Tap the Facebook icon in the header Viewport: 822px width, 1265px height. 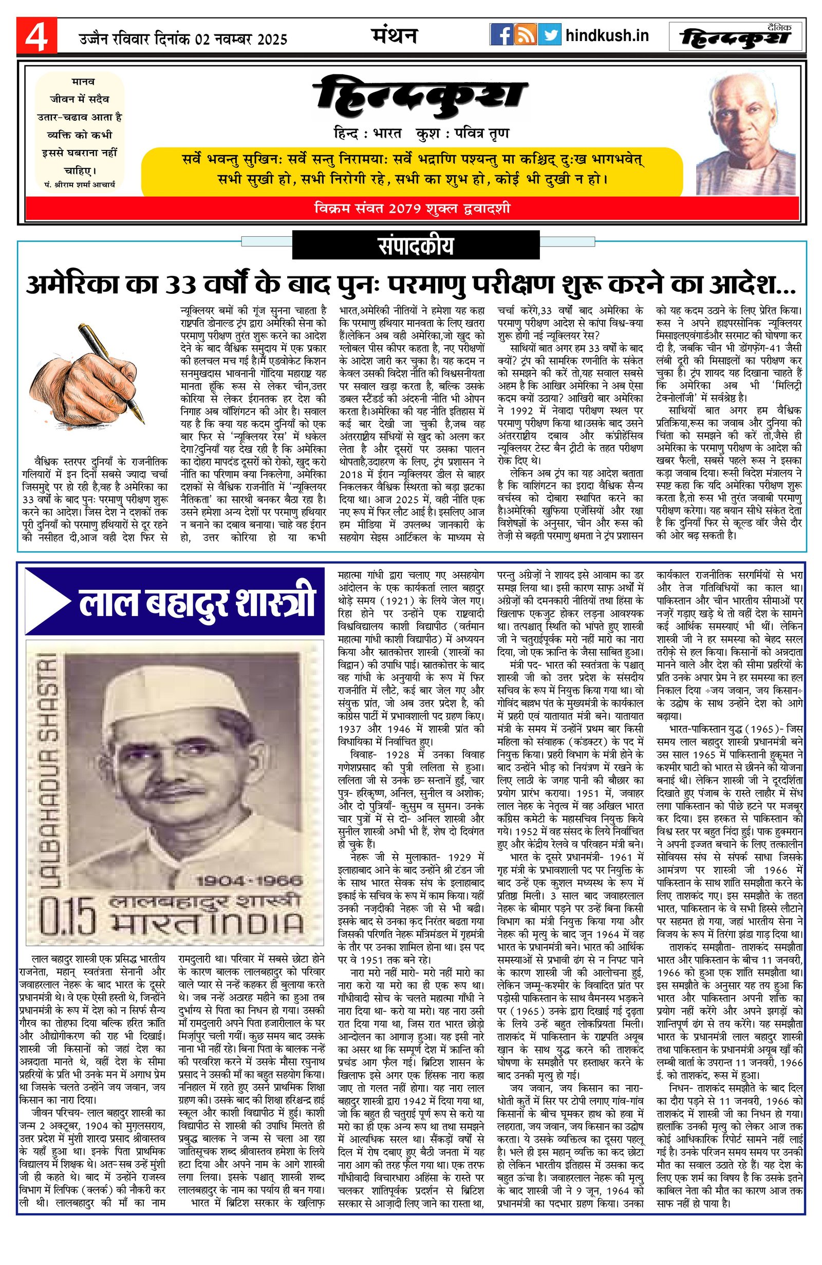pos(501,35)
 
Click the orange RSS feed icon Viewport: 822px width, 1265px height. pos(526,35)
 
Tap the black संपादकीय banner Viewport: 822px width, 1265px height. pos(416,247)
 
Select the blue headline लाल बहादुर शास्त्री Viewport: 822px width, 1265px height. pos(197,603)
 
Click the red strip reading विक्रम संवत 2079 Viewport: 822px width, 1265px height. pos(412,208)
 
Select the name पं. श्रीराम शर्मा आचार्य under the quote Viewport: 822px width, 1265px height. pos(80,184)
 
